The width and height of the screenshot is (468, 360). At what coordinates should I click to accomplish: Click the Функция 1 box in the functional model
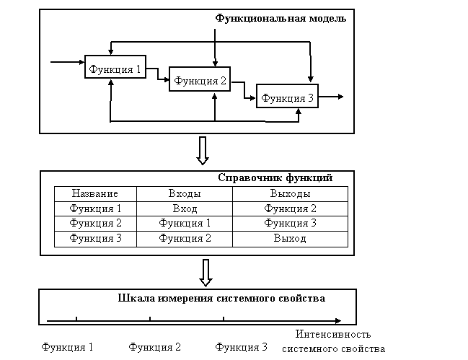click(113, 69)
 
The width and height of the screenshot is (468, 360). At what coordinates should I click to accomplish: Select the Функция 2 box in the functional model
click(198, 80)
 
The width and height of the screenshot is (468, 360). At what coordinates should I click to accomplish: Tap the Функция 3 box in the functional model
click(287, 97)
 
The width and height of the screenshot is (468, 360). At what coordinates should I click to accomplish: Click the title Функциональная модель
click(281, 19)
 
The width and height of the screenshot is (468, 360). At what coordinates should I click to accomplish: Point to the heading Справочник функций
click(275, 178)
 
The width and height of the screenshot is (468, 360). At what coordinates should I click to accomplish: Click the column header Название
click(95, 194)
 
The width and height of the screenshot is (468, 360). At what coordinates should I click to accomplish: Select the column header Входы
click(184, 194)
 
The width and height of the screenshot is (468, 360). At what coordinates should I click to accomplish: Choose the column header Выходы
click(290, 194)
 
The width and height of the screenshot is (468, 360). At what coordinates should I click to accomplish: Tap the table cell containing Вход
click(184, 209)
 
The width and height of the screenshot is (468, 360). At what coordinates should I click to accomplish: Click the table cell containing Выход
click(290, 239)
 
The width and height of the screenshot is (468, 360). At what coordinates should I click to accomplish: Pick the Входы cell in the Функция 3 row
click(184, 239)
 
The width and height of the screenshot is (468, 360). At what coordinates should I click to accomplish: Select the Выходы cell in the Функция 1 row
click(290, 209)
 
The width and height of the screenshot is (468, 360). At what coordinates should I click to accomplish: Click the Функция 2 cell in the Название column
click(95, 224)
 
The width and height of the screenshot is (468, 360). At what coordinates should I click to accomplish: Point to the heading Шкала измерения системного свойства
click(221, 298)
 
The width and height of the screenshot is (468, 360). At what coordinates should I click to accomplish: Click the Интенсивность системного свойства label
click(332, 342)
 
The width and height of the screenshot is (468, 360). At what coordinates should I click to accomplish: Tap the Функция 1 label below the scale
click(68, 348)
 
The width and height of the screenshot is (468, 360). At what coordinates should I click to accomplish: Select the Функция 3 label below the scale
click(242, 348)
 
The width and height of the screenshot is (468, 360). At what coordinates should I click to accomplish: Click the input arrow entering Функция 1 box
click(67, 62)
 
